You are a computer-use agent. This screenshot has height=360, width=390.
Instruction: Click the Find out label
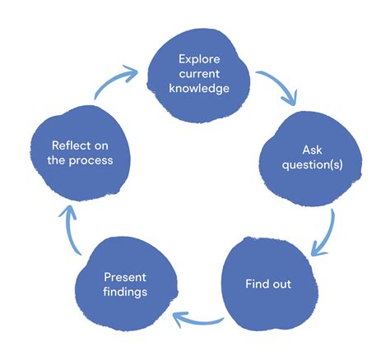point(268,284)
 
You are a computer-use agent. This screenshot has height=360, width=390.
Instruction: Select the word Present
point(125,277)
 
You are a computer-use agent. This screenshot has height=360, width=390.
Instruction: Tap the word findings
point(125,292)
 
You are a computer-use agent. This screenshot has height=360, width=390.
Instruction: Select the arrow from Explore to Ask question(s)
point(278,85)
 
